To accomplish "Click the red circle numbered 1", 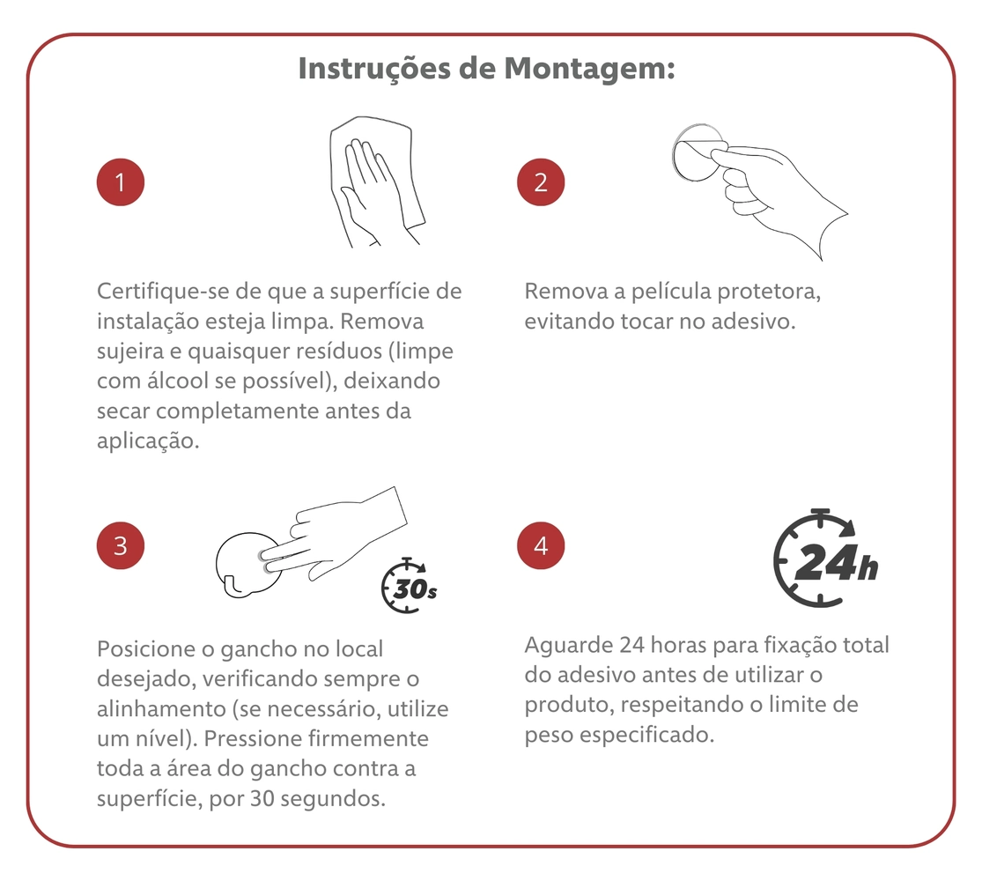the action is pyautogui.click(x=121, y=182).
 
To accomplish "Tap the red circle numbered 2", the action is pyautogui.click(x=541, y=182).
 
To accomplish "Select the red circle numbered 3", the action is pyautogui.click(x=121, y=545).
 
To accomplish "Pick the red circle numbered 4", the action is pyautogui.click(x=541, y=545).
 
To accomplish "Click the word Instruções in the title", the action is pyautogui.click(x=374, y=69).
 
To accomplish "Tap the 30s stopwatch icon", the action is pyautogui.click(x=409, y=585).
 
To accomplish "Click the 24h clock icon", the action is pyautogui.click(x=825, y=558).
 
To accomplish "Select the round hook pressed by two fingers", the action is pyautogui.click(x=247, y=565).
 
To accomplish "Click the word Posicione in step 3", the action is pyautogui.click(x=146, y=648).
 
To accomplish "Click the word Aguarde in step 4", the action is pyautogui.click(x=569, y=645).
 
